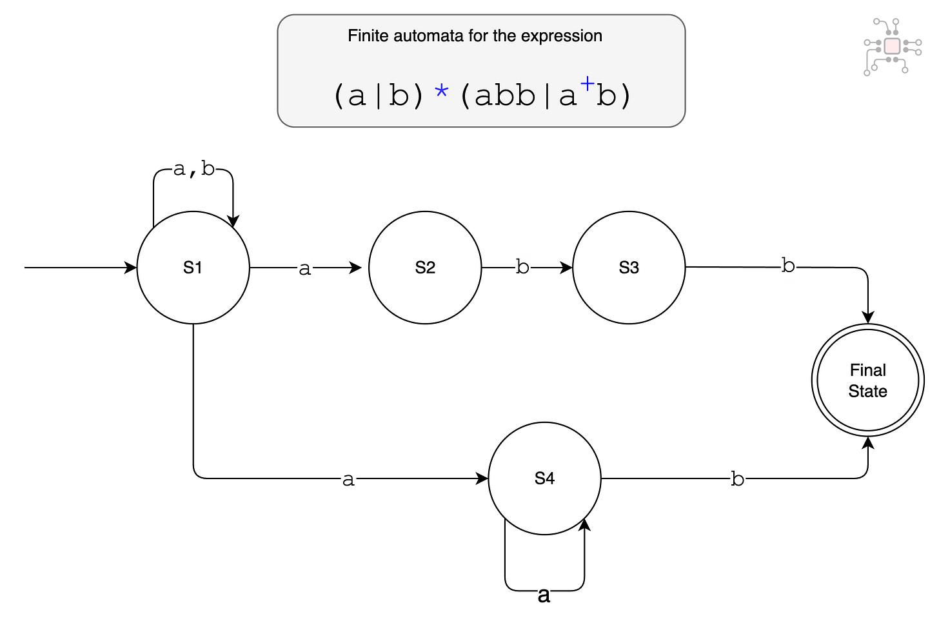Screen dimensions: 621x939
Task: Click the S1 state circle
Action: (193, 268)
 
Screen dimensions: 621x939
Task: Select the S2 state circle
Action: (425, 268)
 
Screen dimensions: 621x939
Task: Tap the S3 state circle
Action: (629, 268)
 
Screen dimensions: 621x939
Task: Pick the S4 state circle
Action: (544, 478)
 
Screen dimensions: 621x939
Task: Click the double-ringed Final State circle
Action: (867, 380)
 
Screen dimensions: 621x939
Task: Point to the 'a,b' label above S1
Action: (193, 170)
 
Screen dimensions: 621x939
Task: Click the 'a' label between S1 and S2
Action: (305, 268)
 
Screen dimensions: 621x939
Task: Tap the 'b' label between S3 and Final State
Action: (788, 266)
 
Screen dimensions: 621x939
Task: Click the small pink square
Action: (892, 46)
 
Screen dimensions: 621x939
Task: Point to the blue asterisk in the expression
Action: (442, 92)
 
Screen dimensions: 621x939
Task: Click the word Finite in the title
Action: (365, 36)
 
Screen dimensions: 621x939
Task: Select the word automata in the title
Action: (429, 36)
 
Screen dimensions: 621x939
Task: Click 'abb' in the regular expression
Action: (505, 96)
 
